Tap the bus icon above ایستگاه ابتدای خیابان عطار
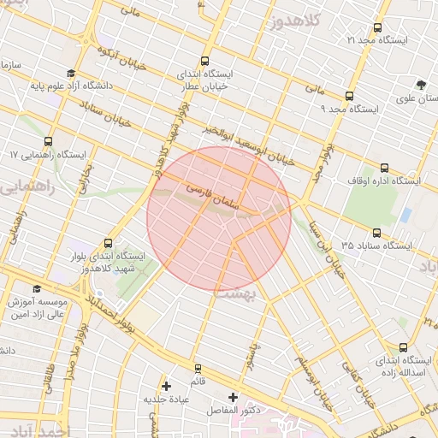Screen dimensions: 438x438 (204, 61)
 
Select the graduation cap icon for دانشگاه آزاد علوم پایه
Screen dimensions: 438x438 (70, 73)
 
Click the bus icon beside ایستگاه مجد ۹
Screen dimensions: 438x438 (349, 96)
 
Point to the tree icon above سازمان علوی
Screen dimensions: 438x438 (420, 84)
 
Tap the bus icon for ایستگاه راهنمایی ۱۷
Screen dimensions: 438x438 (47, 141)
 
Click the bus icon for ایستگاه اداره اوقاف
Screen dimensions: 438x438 (384, 168)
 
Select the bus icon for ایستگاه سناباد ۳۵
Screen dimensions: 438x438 (376, 233)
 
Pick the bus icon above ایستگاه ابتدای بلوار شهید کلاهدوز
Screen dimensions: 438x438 (107, 243)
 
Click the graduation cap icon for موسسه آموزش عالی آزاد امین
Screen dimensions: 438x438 (36, 289)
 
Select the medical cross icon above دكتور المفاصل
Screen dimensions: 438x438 (233, 398)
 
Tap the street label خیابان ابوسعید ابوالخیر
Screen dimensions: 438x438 (250, 145)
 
